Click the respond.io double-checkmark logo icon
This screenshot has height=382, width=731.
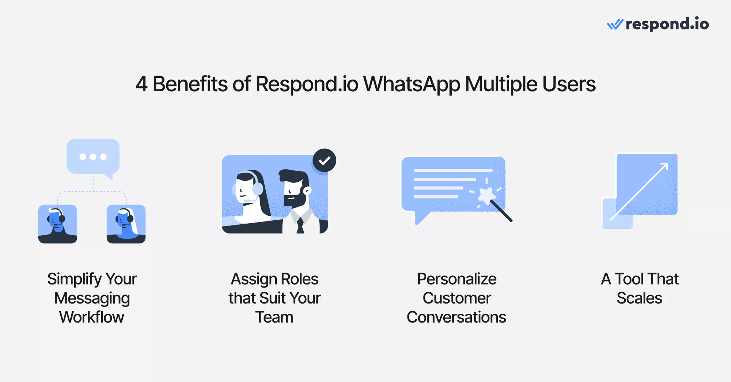[615, 24]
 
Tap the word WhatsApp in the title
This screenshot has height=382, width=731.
[412, 85]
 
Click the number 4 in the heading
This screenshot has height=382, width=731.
[141, 84]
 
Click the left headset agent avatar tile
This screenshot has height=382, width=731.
[58, 224]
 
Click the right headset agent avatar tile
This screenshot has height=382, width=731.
[126, 224]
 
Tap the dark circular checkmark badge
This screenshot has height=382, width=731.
[324, 160]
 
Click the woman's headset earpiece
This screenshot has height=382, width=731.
[258, 189]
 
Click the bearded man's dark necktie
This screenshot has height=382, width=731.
[300, 225]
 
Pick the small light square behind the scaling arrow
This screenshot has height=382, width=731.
[618, 213]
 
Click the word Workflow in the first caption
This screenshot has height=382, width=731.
[92, 317]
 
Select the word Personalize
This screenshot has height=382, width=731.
[457, 279]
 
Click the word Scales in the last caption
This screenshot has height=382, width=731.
[639, 298]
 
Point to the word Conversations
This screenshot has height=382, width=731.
[457, 317]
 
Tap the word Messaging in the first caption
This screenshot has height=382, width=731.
[92, 299]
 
